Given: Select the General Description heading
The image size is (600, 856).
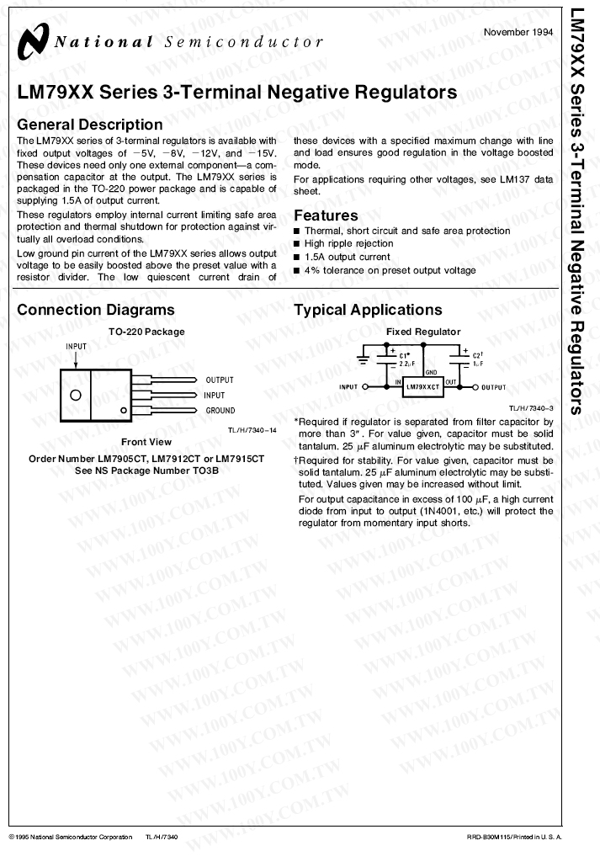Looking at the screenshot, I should pyautogui.click(x=90, y=125).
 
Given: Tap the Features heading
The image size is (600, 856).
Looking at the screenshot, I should pyautogui.click(x=326, y=215).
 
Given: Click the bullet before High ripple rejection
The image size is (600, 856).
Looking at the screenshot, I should pyautogui.click(x=297, y=244).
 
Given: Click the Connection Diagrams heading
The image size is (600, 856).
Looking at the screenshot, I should pyautogui.click(x=96, y=310).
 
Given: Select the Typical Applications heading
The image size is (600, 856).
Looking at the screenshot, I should pyautogui.click(x=368, y=310).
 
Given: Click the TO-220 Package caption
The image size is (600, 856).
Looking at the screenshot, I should pyautogui.click(x=146, y=332).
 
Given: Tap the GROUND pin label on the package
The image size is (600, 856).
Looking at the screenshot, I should pyautogui.click(x=220, y=411).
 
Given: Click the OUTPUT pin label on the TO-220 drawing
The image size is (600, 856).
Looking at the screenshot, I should pyautogui.click(x=220, y=380).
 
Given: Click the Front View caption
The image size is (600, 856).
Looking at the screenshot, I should pyautogui.click(x=146, y=442).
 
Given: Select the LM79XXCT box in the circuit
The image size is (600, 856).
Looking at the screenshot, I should pyautogui.click(x=422, y=388).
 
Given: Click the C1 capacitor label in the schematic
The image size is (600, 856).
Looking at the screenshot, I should pyautogui.click(x=405, y=354).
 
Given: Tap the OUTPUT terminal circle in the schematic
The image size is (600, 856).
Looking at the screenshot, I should pyautogui.click(x=475, y=387).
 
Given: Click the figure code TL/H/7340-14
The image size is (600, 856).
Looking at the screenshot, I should pyautogui.click(x=252, y=429).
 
